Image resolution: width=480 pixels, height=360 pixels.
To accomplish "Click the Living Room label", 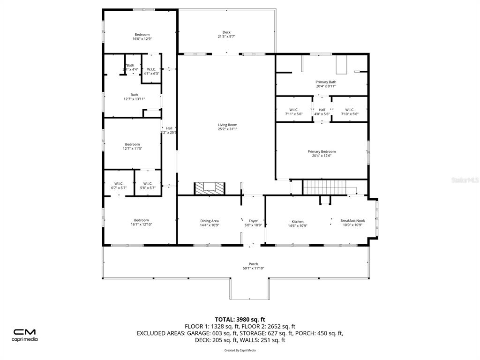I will pos(227,125).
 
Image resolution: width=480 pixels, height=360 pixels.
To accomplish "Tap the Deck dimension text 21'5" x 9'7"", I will pos(226,37).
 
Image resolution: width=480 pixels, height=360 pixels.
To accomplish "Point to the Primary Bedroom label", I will pos(322,152).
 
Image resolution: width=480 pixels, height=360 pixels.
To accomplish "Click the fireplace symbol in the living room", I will pos(210,187).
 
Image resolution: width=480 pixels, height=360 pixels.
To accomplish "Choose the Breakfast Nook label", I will pos(352,221).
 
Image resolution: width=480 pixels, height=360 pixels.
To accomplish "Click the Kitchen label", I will pos(298,222).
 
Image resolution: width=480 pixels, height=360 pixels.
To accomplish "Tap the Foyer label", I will pos(253,221).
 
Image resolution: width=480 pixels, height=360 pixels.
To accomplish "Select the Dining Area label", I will pos(209,221).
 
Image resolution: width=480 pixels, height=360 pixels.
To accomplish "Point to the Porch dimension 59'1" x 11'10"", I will pos(253,268).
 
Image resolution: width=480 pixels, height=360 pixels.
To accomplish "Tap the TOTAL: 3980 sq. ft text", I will pos(240,320).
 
